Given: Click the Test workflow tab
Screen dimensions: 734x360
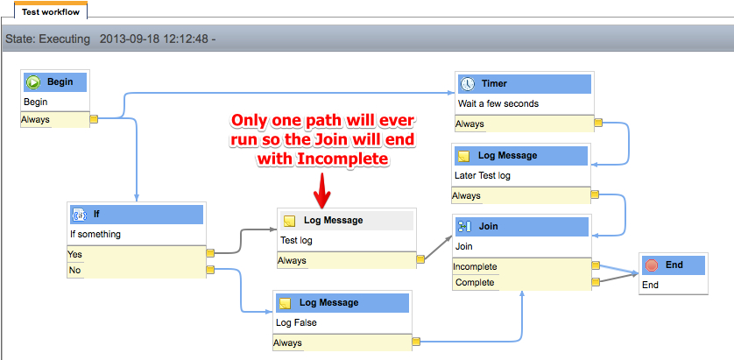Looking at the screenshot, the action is point(51,11).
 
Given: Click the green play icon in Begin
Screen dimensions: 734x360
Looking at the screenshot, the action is point(33,82).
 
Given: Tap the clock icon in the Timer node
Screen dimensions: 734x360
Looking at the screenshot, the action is point(467,84).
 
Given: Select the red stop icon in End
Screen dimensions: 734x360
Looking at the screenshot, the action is point(651,265).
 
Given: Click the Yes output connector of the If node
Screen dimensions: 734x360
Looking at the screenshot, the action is point(210,253).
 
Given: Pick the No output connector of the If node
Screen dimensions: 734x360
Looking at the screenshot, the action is point(210,269).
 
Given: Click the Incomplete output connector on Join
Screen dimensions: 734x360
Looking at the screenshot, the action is point(596,265).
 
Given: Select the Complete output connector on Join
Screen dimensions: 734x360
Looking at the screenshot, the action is point(596,282).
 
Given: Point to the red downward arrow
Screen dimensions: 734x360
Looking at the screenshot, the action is point(322,191).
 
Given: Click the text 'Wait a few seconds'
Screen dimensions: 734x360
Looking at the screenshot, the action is point(498,103).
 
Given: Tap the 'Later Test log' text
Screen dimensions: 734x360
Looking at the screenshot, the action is point(482,175).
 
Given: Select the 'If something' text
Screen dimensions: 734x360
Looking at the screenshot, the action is point(95,234).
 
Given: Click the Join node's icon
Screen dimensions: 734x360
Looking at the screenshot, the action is point(464,227).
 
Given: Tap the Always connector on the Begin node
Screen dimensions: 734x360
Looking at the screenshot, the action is point(94,119).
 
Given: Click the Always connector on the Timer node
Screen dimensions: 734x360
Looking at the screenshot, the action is point(597,124).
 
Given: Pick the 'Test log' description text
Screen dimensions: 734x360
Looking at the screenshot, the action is point(296,241).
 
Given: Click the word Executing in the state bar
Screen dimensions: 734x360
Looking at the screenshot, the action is point(65,39).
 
